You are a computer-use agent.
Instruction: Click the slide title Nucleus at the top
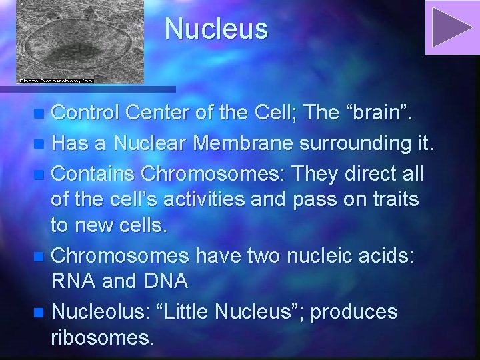216,29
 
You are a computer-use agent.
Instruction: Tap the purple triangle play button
451,27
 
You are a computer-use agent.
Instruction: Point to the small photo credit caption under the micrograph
56,80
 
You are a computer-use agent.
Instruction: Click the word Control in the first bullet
85,113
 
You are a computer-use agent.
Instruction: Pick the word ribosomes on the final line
102,339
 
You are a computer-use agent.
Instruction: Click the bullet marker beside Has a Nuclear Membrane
41,143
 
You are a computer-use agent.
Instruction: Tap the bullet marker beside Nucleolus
41,312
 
